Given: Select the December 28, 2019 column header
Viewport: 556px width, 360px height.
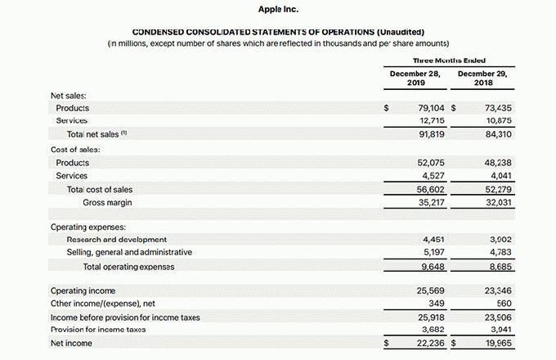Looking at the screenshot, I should (x=415, y=78).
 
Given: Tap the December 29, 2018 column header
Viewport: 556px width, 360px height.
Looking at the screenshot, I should (x=482, y=78).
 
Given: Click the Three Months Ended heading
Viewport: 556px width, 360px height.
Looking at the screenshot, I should (x=447, y=60).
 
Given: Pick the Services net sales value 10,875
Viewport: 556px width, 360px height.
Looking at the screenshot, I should (x=498, y=120).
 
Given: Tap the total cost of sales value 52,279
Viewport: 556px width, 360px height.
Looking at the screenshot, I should (x=498, y=189).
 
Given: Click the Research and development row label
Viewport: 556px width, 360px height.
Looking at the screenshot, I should (x=116, y=240).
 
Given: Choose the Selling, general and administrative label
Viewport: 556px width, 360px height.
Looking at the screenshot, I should (x=129, y=252).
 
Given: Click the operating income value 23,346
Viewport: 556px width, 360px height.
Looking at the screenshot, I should (x=498, y=290).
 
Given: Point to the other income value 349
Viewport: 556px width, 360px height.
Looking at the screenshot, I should (x=437, y=304).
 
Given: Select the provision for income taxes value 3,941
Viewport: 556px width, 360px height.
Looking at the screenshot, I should (x=500, y=330).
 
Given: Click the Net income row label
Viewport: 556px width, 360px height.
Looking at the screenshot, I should (x=71, y=344).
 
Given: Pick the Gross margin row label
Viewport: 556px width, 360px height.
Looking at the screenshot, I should (x=107, y=202).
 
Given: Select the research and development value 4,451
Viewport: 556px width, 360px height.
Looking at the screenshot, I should (x=433, y=240).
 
